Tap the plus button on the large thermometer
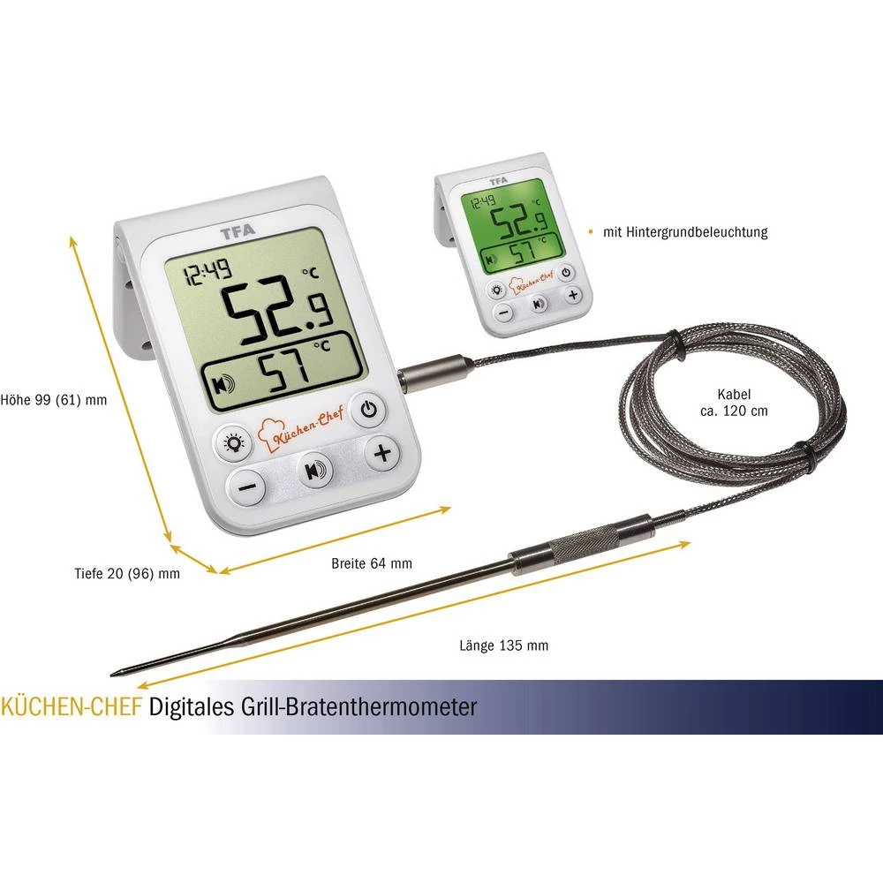click(381, 454)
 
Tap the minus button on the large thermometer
click(248, 486)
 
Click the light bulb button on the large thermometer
click(235, 443)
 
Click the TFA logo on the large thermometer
click(240, 236)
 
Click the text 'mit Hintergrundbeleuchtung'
click(684, 233)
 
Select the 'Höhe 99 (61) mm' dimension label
click(54, 399)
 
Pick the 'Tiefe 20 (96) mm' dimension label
click(127, 573)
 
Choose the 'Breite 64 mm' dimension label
click(371, 562)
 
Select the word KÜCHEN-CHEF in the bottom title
click(72, 706)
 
